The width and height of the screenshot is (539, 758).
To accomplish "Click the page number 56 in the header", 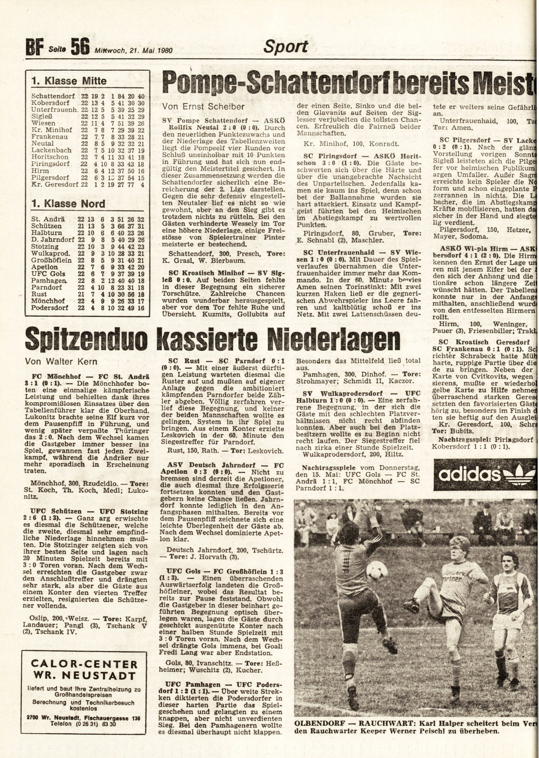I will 80,47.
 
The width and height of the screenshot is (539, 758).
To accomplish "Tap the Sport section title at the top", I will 286,46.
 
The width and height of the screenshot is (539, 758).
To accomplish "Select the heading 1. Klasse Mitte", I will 69,80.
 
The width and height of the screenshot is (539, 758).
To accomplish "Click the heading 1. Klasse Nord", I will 68,204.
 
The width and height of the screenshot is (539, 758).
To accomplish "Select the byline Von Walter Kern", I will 61,361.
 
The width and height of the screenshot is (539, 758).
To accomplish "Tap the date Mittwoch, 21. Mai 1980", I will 134,50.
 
